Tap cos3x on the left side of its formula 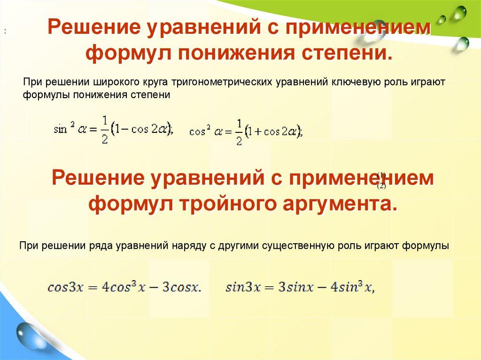point(65,287)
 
